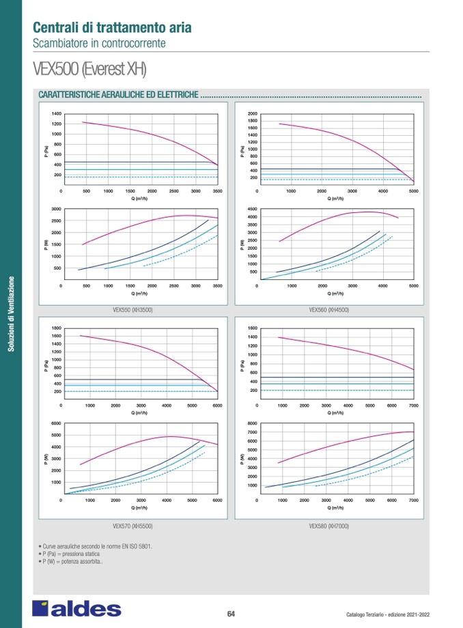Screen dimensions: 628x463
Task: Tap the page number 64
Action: coord(231,613)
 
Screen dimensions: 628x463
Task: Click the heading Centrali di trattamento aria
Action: coord(112,28)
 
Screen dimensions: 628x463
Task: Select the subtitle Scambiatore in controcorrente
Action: coord(99,43)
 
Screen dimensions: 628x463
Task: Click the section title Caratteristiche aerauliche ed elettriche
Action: coord(120,95)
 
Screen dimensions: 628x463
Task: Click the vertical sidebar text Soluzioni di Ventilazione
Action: coord(11,314)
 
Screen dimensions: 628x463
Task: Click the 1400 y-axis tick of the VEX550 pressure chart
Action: coord(56,113)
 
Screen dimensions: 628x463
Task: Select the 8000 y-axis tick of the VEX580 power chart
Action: coord(252,424)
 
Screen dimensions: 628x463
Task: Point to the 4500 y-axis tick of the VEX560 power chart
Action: coord(252,209)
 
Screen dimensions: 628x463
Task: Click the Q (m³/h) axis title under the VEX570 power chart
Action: coord(139,508)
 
